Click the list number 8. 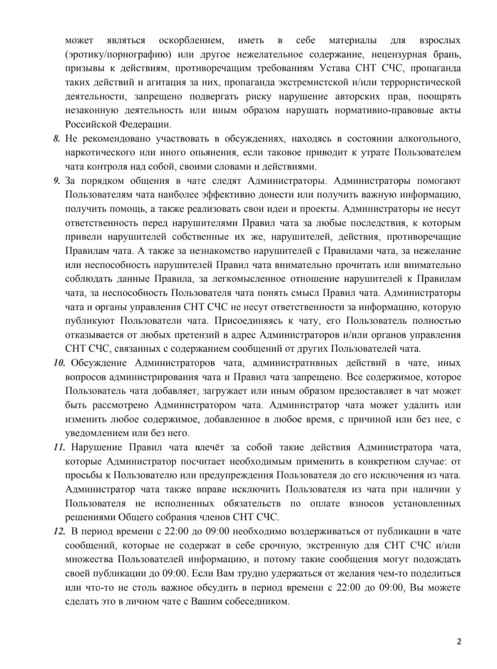[x=57, y=139]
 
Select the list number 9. [x=57, y=181]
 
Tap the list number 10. [x=59, y=363]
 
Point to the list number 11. [x=59, y=448]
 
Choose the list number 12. [x=59, y=532]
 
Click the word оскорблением [x=191, y=41]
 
